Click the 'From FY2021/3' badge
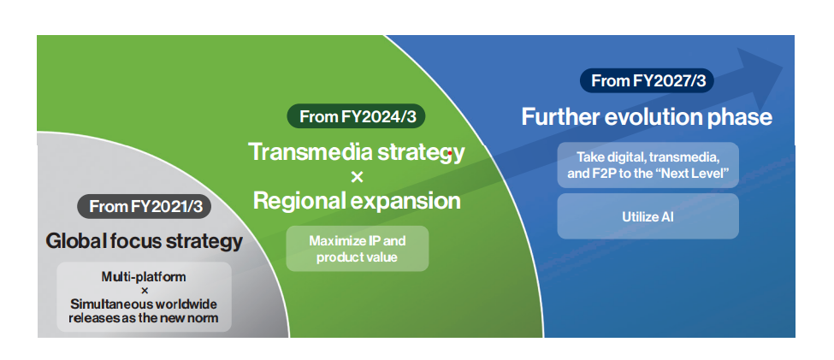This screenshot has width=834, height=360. coord(145,206)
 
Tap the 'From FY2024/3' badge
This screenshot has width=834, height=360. coord(357,116)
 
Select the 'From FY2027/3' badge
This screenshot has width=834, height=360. coord(647,81)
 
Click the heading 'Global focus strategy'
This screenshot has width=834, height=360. coord(145,241)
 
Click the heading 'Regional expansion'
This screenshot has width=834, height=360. coord(357,201)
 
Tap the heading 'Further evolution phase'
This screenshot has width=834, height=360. coord(647,117)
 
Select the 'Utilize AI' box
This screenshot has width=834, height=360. coord(648,216)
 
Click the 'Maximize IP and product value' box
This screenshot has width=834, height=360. coord(358,249)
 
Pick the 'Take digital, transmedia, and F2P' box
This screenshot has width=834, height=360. coord(648,165)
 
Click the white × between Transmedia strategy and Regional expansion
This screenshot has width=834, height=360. coord(357,177)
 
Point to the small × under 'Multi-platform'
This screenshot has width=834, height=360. coord(145,291)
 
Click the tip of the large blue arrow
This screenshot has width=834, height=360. coord(784,67)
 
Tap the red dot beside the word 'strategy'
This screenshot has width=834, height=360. coord(450,153)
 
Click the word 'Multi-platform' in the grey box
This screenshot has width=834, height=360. coord(145,277)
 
